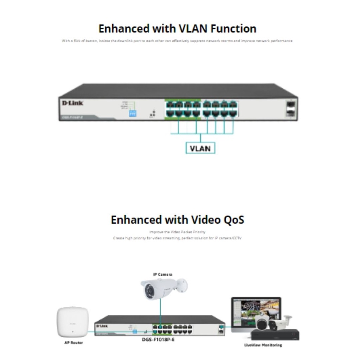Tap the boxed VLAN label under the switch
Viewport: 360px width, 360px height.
200,148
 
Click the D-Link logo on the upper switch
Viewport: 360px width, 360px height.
72,103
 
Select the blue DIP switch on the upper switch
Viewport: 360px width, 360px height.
133,113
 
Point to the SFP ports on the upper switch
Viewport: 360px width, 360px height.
290,109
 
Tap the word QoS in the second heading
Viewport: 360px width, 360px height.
234,220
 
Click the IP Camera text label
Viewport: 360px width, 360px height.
162,275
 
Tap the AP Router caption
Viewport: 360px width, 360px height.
73,342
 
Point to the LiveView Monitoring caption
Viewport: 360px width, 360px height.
263,345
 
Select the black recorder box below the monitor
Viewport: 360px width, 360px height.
275,335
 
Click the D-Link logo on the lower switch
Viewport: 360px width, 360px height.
102,326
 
